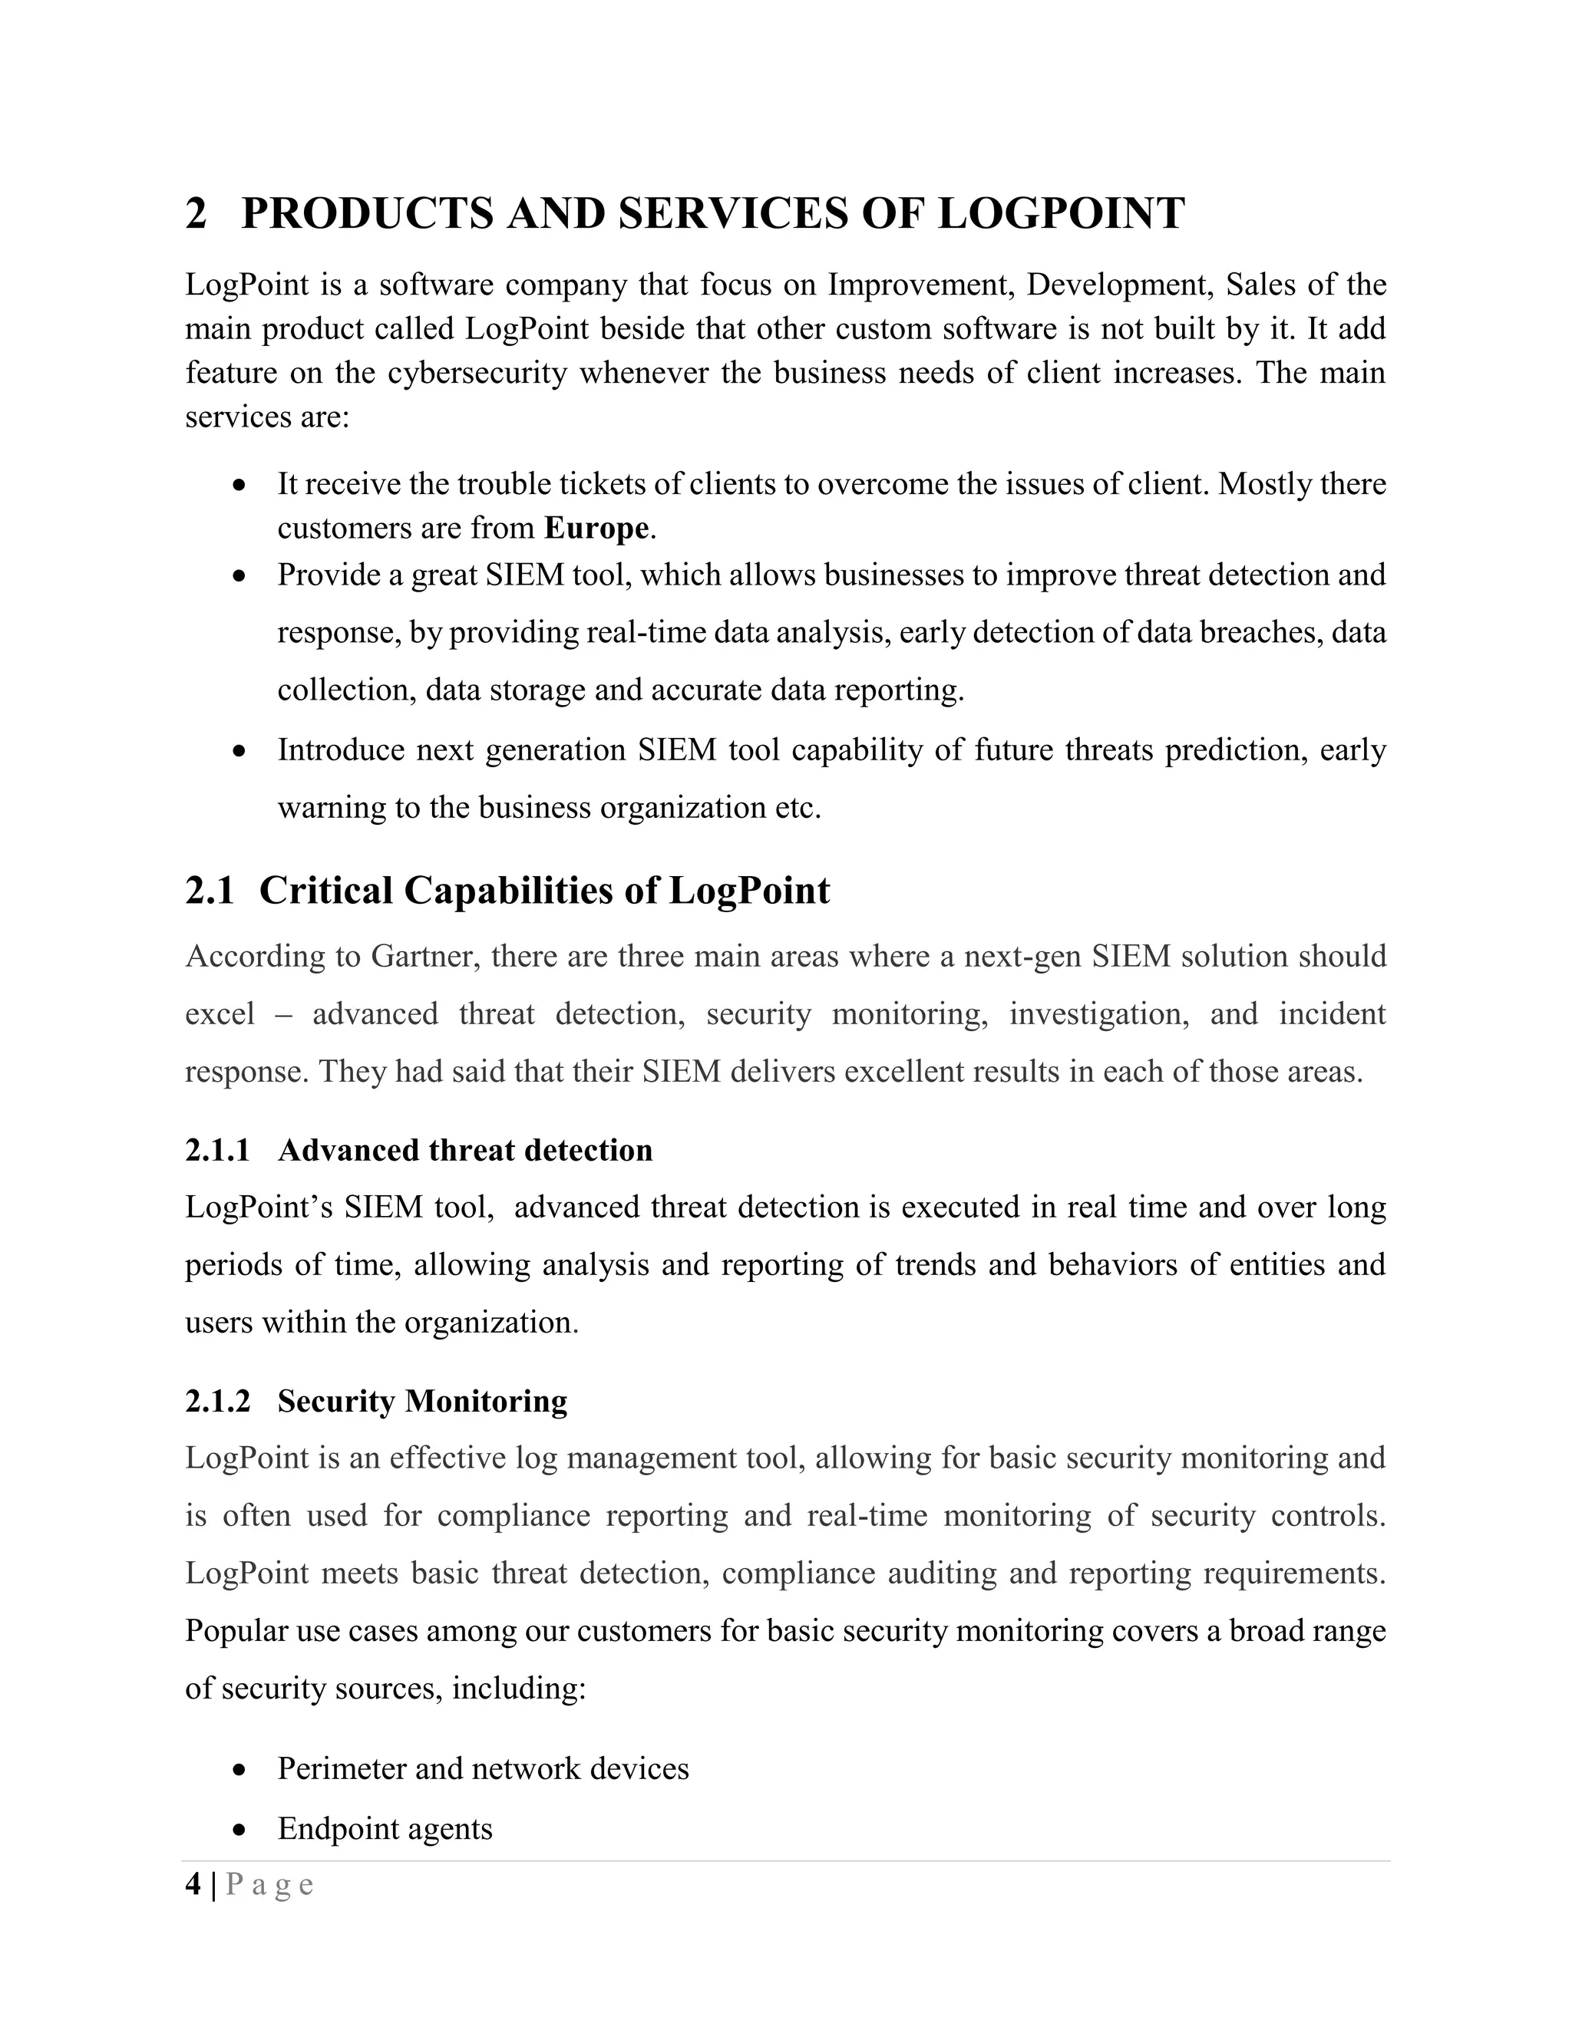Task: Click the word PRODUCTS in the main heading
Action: [x=367, y=213]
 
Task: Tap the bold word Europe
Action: [x=596, y=529]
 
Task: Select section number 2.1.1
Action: [x=218, y=1151]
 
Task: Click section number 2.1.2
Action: [x=218, y=1401]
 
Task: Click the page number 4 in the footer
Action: [x=193, y=1885]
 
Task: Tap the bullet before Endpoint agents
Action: [x=240, y=1830]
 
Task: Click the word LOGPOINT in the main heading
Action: [x=1061, y=213]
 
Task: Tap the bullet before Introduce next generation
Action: [x=240, y=750]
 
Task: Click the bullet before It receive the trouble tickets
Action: [x=240, y=485]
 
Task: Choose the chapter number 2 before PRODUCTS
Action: [x=196, y=213]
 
